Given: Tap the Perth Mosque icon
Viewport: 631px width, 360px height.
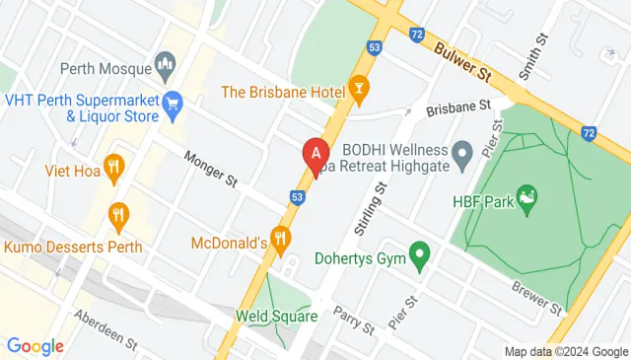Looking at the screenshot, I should coord(167,69).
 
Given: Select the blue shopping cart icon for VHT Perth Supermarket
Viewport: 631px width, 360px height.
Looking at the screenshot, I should coord(174,102).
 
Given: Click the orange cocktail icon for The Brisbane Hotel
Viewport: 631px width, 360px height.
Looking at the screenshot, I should coord(359,92).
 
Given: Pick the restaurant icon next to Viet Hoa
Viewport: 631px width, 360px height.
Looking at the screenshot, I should coord(113,170).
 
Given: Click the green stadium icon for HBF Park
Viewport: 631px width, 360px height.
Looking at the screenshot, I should coord(527,200).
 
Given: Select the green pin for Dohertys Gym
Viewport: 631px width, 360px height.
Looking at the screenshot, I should coord(421,258).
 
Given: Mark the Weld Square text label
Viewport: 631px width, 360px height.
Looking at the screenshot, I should coord(276,317).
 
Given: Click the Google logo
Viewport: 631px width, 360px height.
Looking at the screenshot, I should coord(35,345).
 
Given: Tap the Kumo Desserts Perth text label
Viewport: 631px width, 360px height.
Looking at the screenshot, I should coord(72,247).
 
